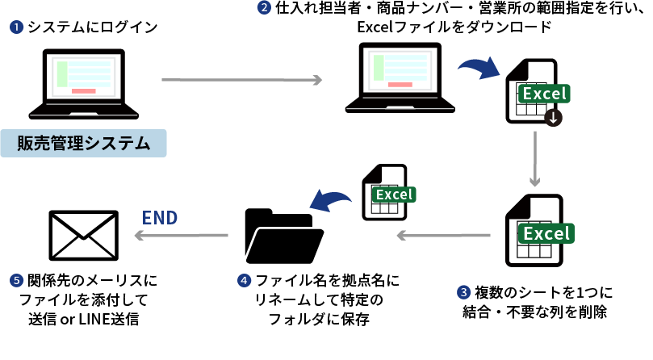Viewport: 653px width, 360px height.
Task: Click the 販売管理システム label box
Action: tap(84, 143)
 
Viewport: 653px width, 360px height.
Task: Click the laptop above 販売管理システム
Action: tap(83, 84)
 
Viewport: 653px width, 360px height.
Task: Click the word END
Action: tap(160, 217)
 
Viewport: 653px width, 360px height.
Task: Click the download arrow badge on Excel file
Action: tap(553, 118)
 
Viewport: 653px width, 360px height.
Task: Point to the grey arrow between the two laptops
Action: tap(241, 80)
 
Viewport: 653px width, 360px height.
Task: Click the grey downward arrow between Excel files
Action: tap(534, 158)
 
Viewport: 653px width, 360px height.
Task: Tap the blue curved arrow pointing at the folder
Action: tap(331, 199)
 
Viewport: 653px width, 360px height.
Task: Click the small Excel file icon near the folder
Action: tap(385, 192)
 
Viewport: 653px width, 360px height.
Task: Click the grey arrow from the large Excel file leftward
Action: tap(443, 235)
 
